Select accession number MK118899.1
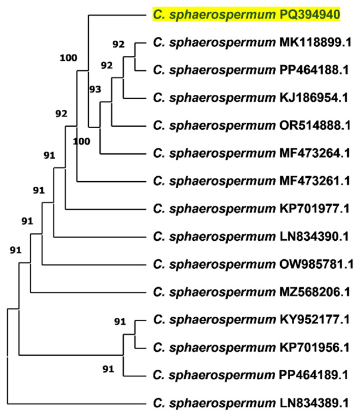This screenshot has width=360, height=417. point(315,42)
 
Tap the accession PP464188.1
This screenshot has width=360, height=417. point(315,70)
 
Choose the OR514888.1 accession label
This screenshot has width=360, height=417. point(315,125)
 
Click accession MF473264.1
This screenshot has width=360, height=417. point(315,153)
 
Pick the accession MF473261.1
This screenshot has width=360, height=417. point(315,181)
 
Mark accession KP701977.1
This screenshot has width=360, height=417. point(314,208)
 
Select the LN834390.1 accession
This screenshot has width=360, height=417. point(314,236)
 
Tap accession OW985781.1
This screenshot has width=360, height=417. point(316,264)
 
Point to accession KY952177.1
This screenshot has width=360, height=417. point(315,319)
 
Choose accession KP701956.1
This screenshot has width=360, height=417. point(314,347)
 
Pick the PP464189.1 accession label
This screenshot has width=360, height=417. point(315,375)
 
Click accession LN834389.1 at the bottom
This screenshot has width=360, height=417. point(314,403)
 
